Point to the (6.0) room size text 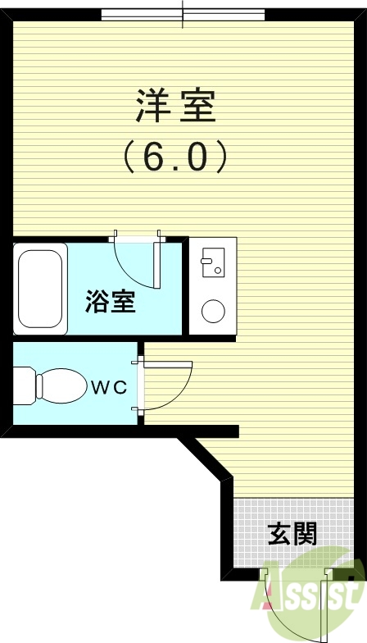pyautogui.click(x=174, y=156)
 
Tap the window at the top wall pyautogui.click(x=183, y=15)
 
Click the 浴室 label pyautogui.click(x=111, y=303)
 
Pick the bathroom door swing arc pyautogui.click(x=135, y=262)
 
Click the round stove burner pyautogui.click(x=213, y=312)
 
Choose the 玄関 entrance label pyautogui.click(x=292, y=535)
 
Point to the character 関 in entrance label pyautogui.click(x=305, y=535)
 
